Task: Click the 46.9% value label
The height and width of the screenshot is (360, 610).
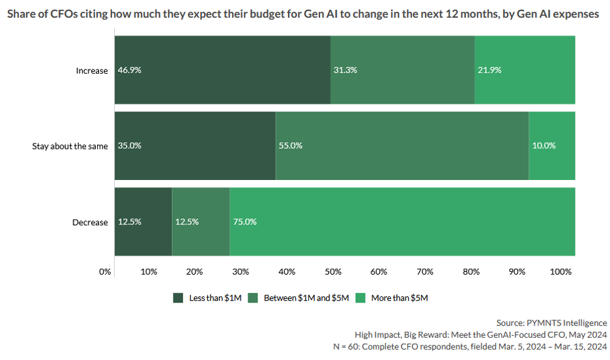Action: tap(129, 70)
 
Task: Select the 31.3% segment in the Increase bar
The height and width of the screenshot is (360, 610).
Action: tap(402, 70)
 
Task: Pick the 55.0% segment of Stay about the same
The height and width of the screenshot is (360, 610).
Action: tap(402, 145)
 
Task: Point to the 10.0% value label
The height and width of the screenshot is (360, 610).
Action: tap(544, 145)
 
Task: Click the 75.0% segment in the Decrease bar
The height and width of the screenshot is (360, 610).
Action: tap(402, 222)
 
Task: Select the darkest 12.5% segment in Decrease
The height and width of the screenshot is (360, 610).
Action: tap(143, 222)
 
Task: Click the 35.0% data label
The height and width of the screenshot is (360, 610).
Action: tap(129, 145)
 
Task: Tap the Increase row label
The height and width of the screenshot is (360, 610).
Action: tap(92, 70)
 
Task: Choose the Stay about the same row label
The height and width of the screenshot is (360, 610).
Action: tap(70, 146)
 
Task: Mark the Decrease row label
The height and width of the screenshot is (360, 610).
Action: tap(90, 222)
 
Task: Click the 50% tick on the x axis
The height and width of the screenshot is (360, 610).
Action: tap(332, 271)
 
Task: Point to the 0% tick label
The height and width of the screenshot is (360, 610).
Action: tap(105, 271)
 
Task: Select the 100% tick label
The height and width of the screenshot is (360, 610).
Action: tap(561, 271)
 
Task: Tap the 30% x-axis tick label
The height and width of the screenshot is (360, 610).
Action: tap(240, 271)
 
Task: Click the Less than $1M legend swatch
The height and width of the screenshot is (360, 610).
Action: tap(178, 298)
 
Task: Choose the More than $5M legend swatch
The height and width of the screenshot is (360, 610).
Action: tap(360, 298)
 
